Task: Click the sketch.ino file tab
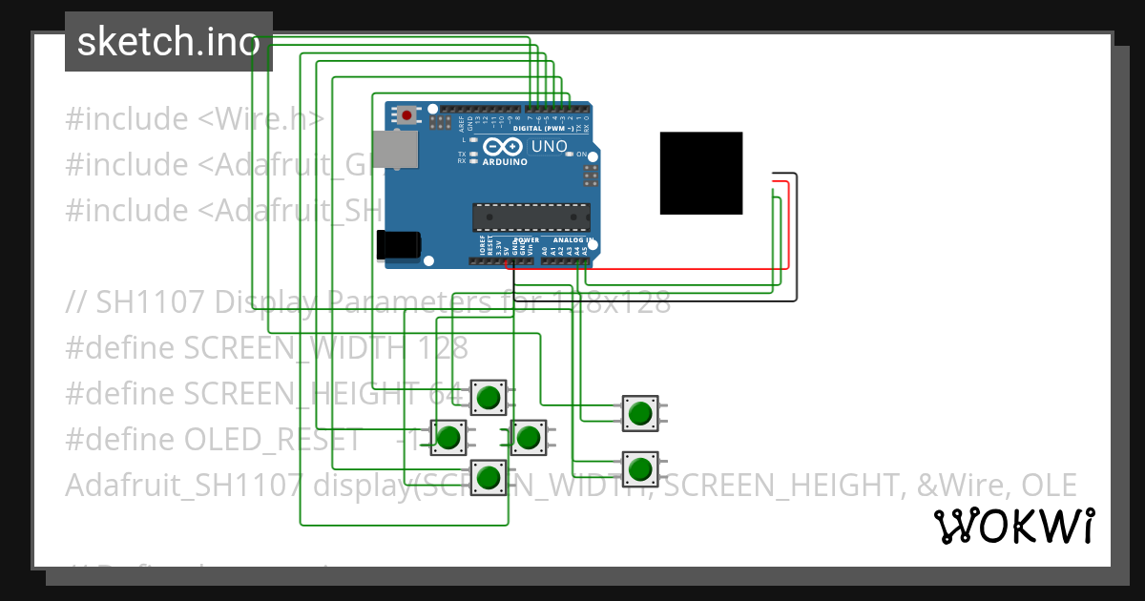coord(168,42)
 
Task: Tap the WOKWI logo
coord(1013,526)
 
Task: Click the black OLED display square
coord(700,173)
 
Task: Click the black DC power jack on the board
coord(398,244)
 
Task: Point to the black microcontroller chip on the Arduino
coord(531,218)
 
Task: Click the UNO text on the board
coord(549,147)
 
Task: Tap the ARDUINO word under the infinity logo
coord(504,162)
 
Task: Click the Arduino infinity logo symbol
coord(503,147)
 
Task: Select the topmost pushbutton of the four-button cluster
coord(489,397)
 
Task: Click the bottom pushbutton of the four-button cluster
coord(489,475)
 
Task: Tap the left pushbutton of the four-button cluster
coord(448,437)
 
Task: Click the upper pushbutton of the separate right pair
coord(639,413)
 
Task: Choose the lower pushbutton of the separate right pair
coord(639,468)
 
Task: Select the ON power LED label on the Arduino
coord(582,154)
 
